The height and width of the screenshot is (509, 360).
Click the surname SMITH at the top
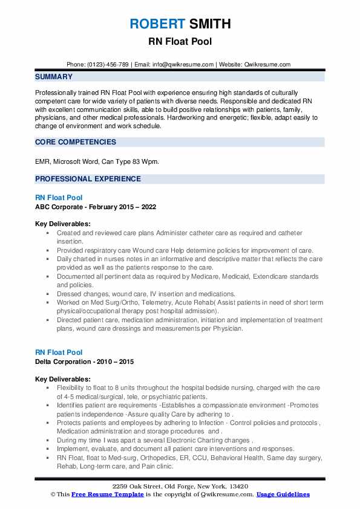point(209,24)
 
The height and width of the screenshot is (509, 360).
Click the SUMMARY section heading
point(54,77)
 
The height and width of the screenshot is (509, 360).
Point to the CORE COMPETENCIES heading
point(76,142)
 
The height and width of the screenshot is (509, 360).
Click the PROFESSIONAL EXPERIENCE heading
point(88,179)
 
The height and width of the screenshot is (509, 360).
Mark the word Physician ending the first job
point(226,329)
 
